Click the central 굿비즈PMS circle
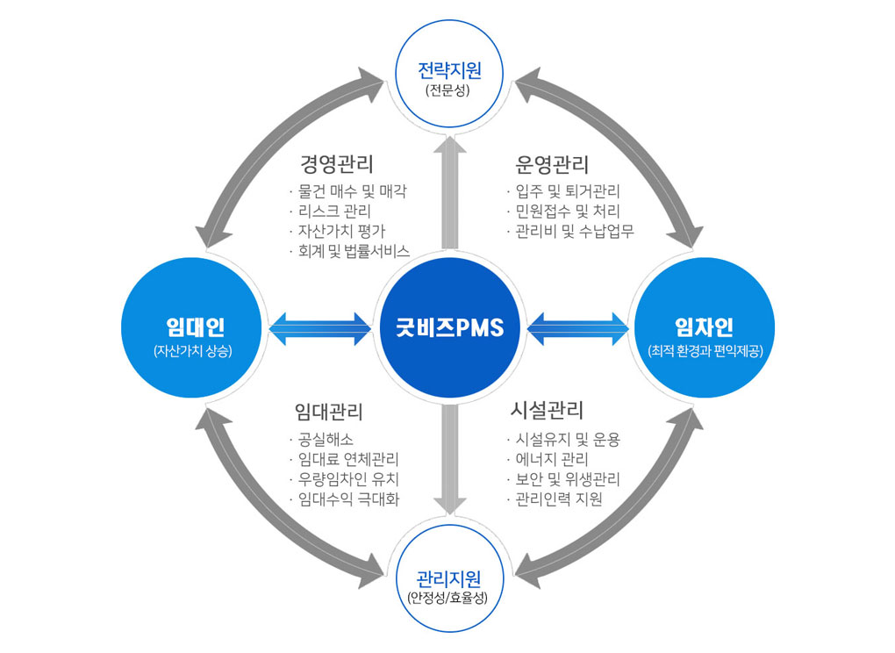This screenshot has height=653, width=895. pos(448,328)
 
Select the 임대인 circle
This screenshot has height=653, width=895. pos(196,328)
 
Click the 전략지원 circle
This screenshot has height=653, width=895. pos(448,74)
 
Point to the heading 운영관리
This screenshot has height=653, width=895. pos(552,164)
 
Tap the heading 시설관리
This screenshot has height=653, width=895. pos(548,411)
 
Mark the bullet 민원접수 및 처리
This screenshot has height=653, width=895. pos(568,212)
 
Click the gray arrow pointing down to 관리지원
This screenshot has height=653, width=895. pos(449,461)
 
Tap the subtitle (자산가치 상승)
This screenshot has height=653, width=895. pos(196,352)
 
